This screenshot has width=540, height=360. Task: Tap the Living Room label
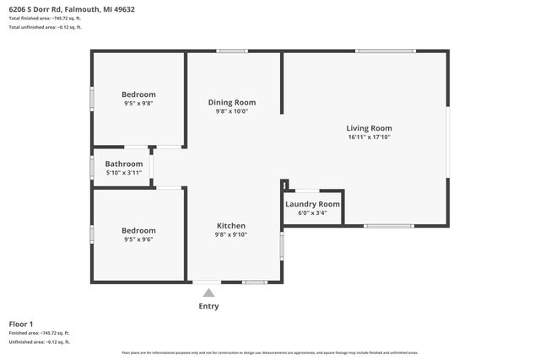(x=369, y=127)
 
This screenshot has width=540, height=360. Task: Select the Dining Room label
(x=232, y=102)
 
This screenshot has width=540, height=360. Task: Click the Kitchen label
(x=231, y=226)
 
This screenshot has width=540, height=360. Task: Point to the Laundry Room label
(x=312, y=204)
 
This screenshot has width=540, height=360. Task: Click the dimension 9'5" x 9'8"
(x=138, y=104)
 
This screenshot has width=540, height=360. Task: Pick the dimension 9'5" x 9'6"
(x=138, y=239)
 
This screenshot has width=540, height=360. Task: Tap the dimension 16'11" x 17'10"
(x=369, y=137)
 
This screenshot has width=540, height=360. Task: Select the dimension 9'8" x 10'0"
(x=232, y=111)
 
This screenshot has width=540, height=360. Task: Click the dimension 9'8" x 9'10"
(x=231, y=235)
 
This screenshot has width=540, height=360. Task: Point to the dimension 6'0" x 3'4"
(x=312, y=213)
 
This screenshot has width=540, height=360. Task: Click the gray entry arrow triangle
(x=208, y=293)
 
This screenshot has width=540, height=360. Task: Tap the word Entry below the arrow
(x=208, y=306)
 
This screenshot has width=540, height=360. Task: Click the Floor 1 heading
(x=21, y=324)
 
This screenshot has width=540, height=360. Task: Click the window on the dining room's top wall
(x=232, y=51)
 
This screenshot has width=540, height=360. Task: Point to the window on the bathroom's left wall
(x=92, y=167)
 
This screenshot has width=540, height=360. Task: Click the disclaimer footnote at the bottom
(x=269, y=352)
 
